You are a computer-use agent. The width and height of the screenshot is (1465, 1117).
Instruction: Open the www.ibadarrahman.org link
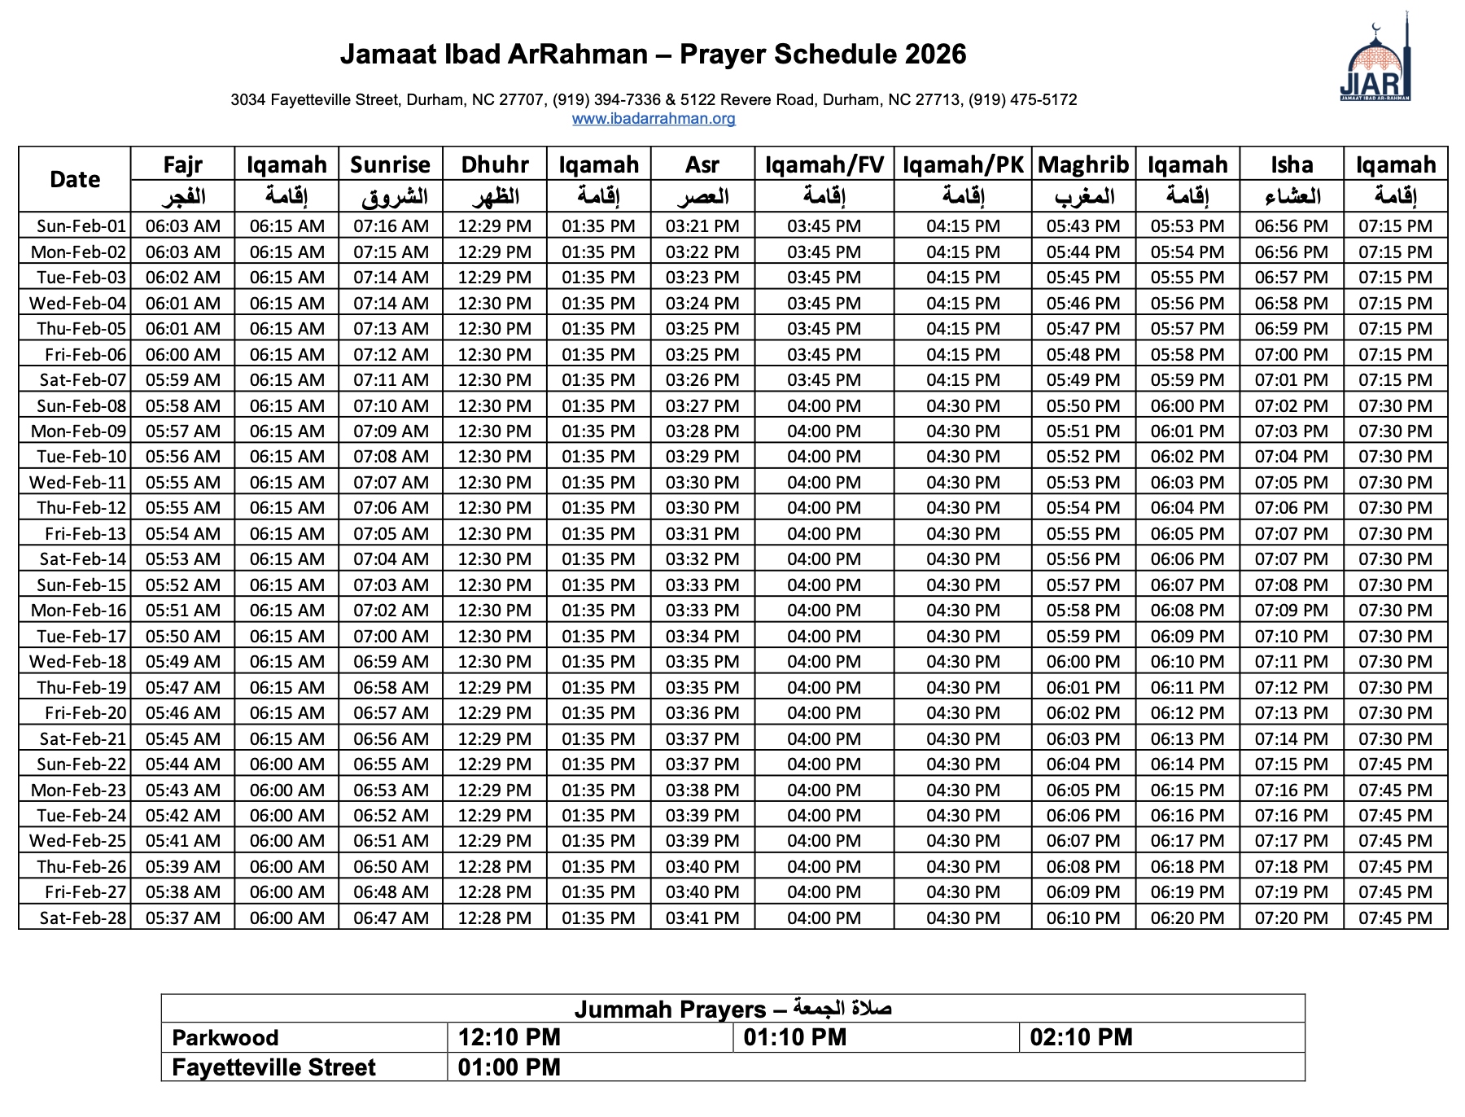(x=654, y=119)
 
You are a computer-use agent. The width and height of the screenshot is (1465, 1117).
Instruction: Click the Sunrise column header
(x=391, y=164)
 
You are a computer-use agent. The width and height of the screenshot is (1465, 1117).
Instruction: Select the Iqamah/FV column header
(x=824, y=164)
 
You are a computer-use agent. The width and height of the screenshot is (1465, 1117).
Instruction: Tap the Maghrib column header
(x=1083, y=164)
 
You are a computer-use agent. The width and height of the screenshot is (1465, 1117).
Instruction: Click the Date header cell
(x=75, y=180)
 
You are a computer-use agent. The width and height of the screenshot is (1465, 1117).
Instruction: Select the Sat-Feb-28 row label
(x=83, y=918)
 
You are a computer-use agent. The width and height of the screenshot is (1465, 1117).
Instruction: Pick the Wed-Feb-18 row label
(x=78, y=661)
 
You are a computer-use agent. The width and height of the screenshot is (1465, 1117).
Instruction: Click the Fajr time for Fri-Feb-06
(x=183, y=354)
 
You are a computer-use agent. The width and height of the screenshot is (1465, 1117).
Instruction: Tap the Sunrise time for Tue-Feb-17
(x=391, y=636)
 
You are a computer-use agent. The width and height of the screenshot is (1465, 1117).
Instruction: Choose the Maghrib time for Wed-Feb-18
(x=1083, y=661)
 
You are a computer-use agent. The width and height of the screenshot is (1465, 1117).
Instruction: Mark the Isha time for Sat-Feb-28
(x=1292, y=918)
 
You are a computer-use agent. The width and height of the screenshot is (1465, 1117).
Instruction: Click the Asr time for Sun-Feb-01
(x=702, y=226)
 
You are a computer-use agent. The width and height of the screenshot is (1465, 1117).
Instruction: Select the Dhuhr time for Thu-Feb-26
(x=495, y=866)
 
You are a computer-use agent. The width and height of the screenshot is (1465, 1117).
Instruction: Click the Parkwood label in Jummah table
(x=225, y=1038)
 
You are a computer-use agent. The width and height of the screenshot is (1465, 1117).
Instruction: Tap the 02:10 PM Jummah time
(x=1082, y=1038)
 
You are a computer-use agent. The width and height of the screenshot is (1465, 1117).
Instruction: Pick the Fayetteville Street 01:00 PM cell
(x=509, y=1067)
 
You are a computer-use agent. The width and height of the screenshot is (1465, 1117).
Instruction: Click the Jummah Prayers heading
(x=732, y=1009)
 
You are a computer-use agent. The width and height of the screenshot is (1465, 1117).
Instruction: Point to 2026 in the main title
(x=935, y=55)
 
